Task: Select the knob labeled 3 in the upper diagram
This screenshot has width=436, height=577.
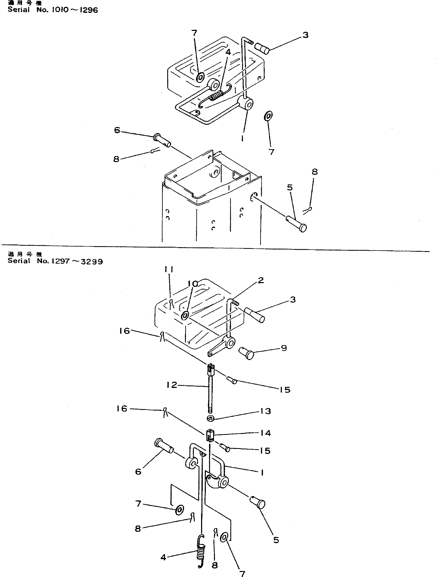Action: click(261, 49)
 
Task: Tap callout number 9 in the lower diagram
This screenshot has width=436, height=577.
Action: click(284, 348)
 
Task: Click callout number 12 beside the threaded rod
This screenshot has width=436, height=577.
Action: click(172, 385)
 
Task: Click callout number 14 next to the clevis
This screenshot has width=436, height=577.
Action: click(265, 433)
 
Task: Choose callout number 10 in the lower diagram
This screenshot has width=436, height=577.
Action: click(193, 284)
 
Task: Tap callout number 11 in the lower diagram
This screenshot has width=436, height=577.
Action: click(169, 269)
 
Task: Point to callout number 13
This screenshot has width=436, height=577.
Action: click(265, 411)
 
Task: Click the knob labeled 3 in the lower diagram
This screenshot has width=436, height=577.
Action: click(255, 315)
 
